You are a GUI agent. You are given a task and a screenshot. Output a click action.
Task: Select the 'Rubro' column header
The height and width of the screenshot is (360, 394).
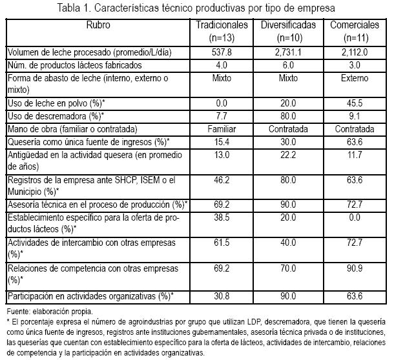coord(98,24)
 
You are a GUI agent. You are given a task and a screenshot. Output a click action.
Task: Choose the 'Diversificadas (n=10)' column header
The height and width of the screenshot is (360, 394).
coord(288,30)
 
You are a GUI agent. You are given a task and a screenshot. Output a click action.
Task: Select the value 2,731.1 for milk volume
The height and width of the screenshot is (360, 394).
coord(288,52)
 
